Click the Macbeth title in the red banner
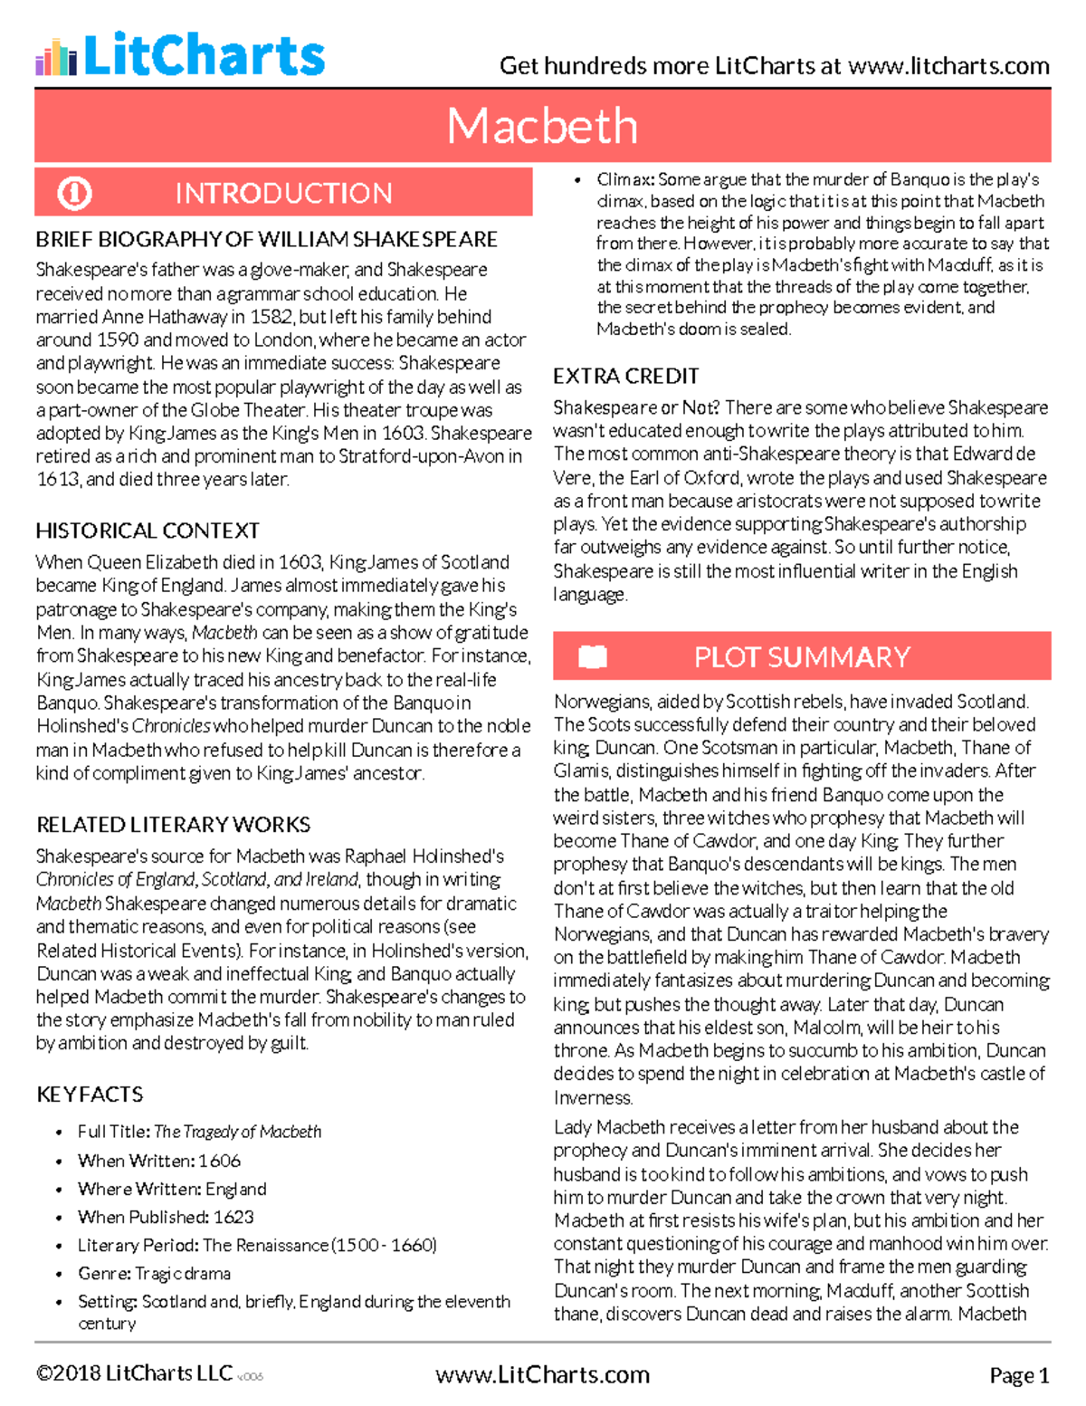pyautogui.click(x=542, y=125)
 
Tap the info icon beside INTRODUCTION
pyautogui.click(x=74, y=193)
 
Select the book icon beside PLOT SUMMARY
pyautogui.click(x=593, y=656)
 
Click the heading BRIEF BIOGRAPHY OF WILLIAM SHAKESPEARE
pyautogui.click(x=266, y=240)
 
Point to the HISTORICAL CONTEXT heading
pyautogui.click(x=148, y=531)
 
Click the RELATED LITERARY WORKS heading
pyautogui.click(x=173, y=825)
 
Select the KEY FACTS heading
pyautogui.click(x=90, y=1095)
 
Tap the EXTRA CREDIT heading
pyautogui.click(x=625, y=377)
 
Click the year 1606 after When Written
pyautogui.click(x=220, y=1161)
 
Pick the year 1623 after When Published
pyautogui.click(x=233, y=1217)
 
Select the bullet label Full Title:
pyautogui.click(x=114, y=1132)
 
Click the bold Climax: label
pyautogui.click(x=625, y=179)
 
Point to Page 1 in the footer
pyautogui.click(x=1019, y=1376)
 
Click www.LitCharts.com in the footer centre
pyautogui.click(x=542, y=1375)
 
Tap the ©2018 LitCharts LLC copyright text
pyautogui.click(x=134, y=1373)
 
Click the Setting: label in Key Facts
pyautogui.click(x=108, y=1302)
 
